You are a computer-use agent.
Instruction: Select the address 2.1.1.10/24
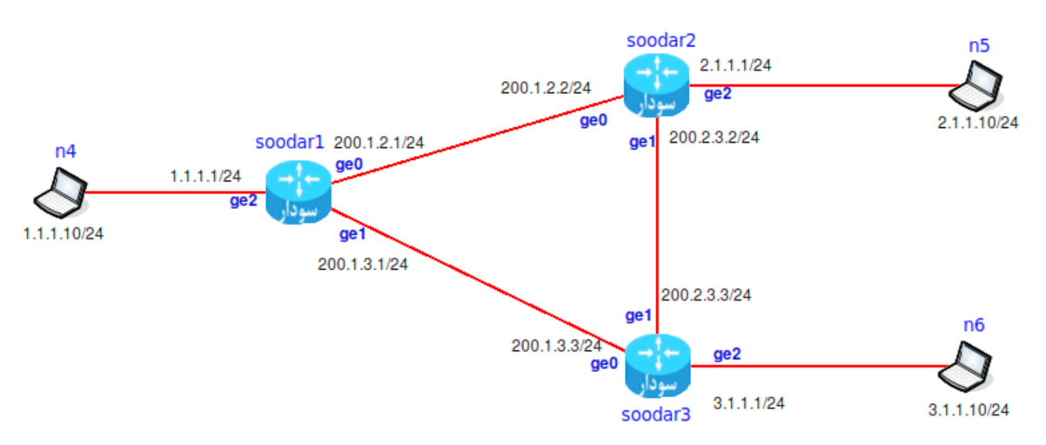[x=976, y=122]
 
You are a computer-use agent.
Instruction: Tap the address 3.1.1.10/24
[x=968, y=408]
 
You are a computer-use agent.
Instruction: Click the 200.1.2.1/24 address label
[x=379, y=142]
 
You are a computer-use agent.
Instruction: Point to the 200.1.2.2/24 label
[x=546, y=88]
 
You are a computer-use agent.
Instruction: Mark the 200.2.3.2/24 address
[x=714, y=137]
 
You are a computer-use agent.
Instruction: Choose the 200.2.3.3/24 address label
[x=706, y=294]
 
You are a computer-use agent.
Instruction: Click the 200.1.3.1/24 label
[x=363, y=264]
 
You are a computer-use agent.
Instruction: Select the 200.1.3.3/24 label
[x=556, y=346]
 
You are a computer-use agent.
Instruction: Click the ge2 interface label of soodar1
[x=244, y=201]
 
